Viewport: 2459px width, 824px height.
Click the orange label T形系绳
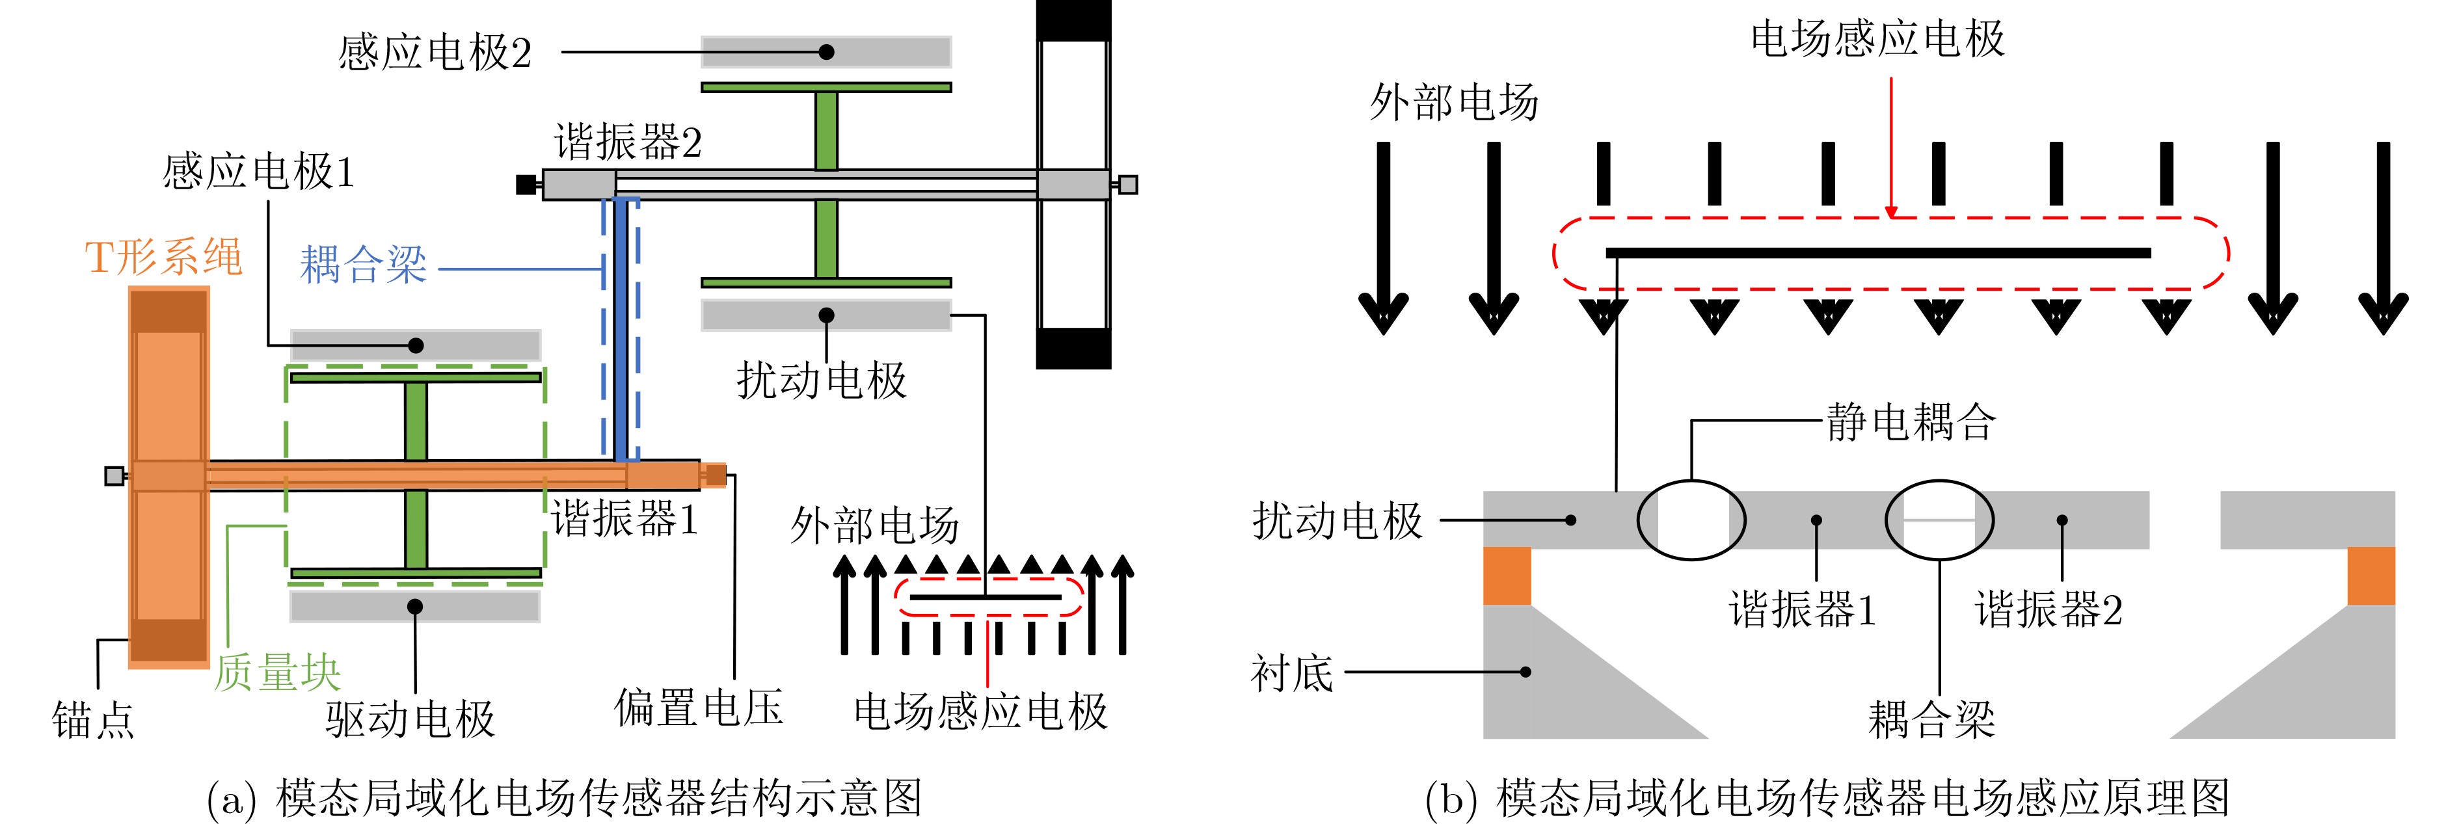coord(163,258)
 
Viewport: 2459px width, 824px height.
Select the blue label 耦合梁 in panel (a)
coord(363,265)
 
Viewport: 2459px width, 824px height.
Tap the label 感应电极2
coord(435,53)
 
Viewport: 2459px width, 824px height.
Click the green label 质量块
coord(277,673)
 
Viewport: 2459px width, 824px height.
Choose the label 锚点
coord(94,720)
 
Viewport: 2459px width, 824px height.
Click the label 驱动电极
coord(410,720)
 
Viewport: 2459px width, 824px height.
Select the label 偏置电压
coord(699,708)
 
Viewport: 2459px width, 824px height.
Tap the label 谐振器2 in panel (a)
coord(628,143)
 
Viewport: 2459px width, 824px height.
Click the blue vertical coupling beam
coord(621,330)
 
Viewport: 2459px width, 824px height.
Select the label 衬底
coord(1291,674)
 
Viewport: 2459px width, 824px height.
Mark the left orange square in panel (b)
coord(1507,576)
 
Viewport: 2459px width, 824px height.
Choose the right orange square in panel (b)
coord(2371,576)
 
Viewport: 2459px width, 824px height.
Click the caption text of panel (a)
coord(565,798)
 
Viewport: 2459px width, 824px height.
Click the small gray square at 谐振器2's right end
coord(1127,184)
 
